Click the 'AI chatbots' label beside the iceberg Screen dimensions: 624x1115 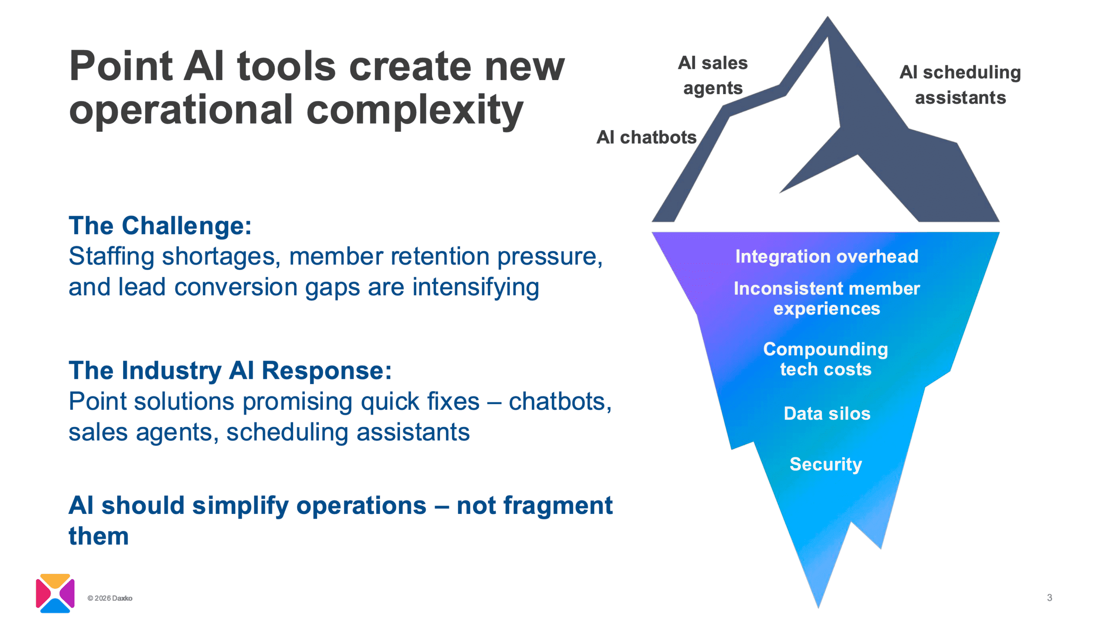coord(646,137)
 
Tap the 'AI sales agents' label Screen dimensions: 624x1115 coord(713,75)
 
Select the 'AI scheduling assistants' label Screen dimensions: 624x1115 coord(960,84)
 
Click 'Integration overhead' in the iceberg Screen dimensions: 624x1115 coord(826,256)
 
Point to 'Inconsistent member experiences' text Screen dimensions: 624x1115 coord(826,298)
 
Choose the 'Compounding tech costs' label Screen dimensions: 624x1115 coord(825,359)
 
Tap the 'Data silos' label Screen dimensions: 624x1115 coord(827,413)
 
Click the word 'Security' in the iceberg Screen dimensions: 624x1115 coord(825,464)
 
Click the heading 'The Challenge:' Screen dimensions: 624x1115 coord(160,226)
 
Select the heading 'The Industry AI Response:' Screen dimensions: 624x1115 coord(230,371)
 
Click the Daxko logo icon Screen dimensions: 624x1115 coord(55,593)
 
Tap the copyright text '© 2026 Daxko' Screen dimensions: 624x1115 coord(110,598)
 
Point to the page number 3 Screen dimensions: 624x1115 coord(1049,597)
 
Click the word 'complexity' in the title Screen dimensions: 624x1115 coord(414,110)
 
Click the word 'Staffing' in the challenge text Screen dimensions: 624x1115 coord(111,256)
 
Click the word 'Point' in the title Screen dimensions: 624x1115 coord(121,66)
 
